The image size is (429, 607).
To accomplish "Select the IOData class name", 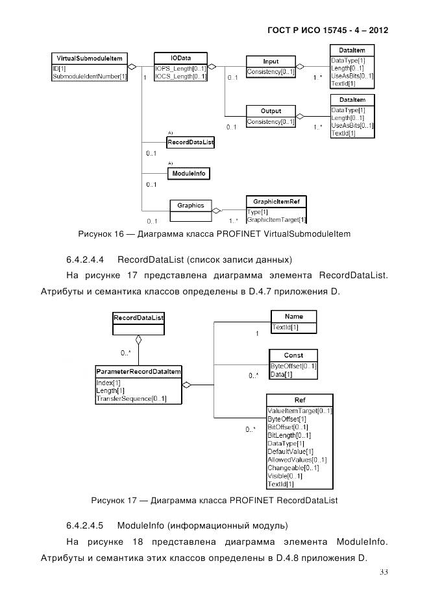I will click(181, 57).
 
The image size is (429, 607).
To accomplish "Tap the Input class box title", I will click(270, 61).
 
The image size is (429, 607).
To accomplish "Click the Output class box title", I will click(271, 111).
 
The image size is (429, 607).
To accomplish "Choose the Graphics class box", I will click(191, 206).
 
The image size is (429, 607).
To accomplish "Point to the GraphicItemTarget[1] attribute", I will click(276, 220).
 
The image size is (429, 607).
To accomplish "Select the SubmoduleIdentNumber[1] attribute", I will click(89, 77).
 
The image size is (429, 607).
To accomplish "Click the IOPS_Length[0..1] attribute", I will click(180, 68).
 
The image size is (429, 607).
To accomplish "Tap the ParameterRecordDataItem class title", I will click(138, 371).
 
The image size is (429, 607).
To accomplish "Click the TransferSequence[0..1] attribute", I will click(131, 399).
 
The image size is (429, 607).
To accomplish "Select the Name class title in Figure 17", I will click(294, 316).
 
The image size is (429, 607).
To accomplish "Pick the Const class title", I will click(293, 355).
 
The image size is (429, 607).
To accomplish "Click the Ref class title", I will click(299, 400).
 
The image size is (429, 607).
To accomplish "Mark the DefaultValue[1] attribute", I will click(291, 451).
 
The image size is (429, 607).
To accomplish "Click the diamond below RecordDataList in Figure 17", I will click(138, 339).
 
